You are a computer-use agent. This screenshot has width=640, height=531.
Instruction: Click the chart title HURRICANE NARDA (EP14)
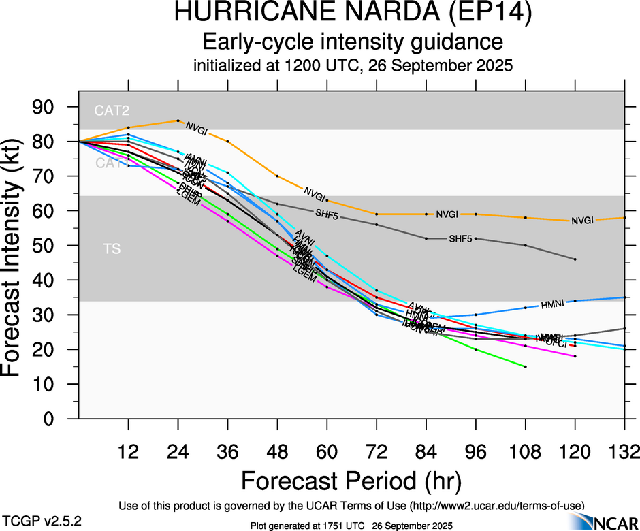point(352,13)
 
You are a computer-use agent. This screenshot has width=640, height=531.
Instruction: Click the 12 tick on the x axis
point(128,452)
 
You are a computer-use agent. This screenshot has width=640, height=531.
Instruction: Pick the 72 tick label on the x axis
point(377,452)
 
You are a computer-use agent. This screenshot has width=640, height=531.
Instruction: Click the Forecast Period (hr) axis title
point(352,481)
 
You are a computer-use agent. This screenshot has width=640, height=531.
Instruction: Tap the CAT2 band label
point(112,110)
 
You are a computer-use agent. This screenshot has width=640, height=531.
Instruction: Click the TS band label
point(112,249)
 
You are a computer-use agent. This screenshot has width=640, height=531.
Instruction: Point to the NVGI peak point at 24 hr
point(178,120)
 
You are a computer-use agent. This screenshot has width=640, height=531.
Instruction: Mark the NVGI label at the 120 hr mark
point(582,221)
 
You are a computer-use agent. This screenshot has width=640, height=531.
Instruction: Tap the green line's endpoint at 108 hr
point(526,366)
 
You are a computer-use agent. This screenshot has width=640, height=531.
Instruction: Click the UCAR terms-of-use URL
point(495,506)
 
